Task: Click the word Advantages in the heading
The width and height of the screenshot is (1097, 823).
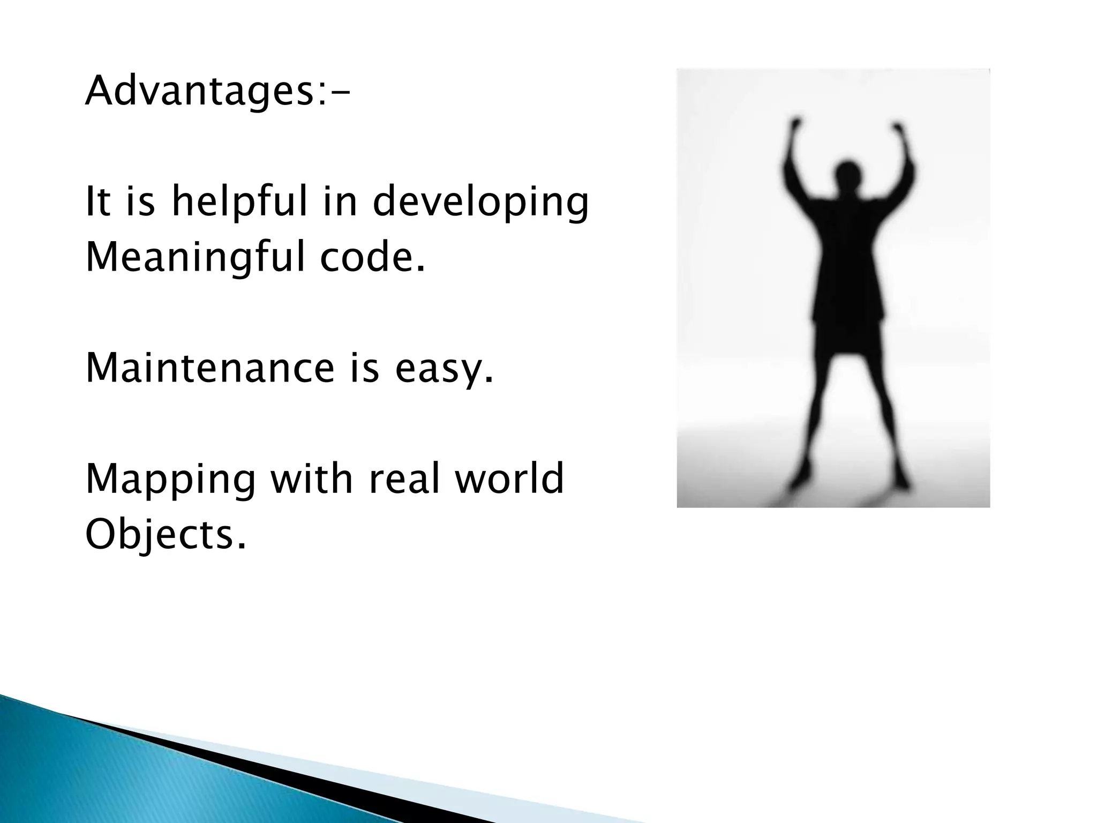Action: click(198, 92)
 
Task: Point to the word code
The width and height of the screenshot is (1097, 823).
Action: click(372, 257)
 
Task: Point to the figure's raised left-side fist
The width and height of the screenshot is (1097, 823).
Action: click(797, 126)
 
